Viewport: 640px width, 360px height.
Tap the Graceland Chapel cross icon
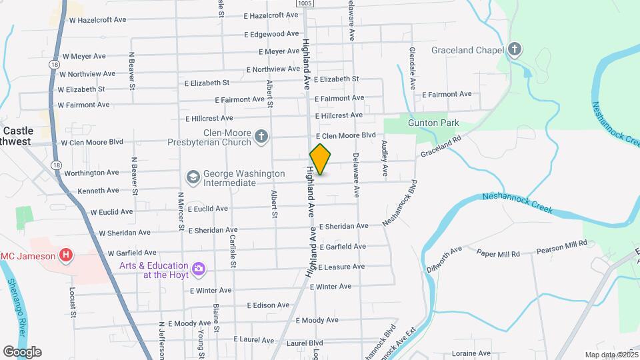(x=514, y=49)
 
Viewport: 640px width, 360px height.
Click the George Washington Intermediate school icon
(x=193, y=177)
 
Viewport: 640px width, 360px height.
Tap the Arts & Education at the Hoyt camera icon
(x=198, y=269)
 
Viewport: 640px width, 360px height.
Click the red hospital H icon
(x=65, y=255)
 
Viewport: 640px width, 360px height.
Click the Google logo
(x=22, y=351)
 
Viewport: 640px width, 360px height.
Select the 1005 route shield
(x=305, y=4)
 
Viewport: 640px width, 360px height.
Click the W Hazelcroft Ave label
(x=97, y=20)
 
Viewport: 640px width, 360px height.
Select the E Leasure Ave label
(x=341, y=267)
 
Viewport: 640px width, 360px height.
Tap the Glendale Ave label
(x=413, y=69)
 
